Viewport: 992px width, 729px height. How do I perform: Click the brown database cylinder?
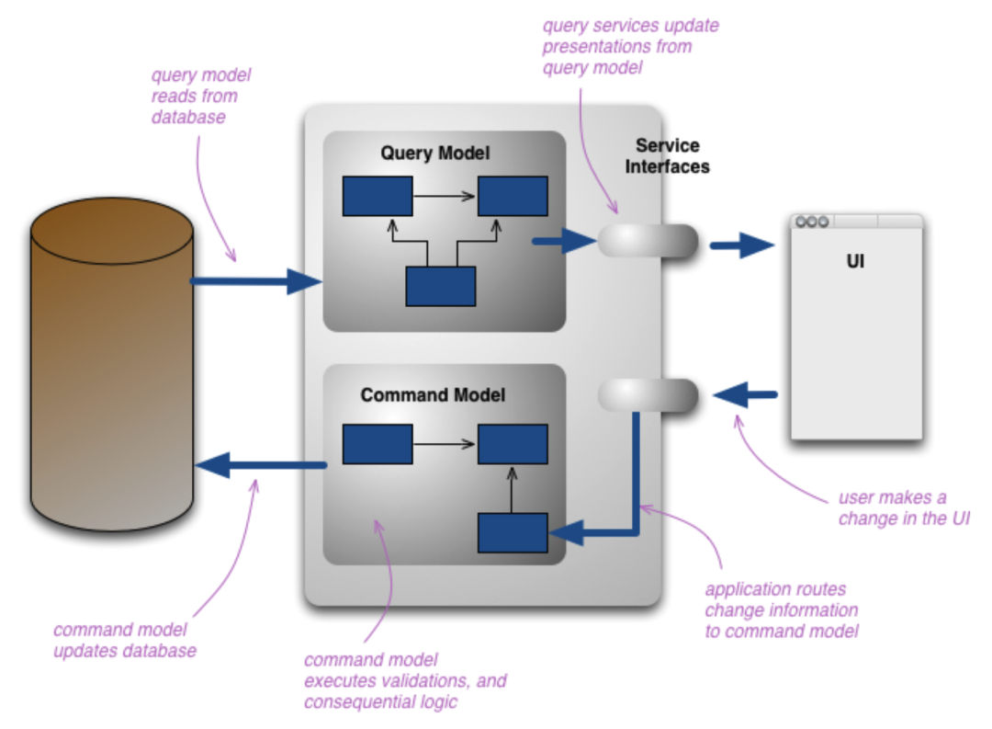(x=112, y=368)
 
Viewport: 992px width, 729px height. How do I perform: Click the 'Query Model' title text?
(x=435, y=153)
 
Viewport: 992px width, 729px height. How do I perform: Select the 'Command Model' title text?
(x=433, y=395)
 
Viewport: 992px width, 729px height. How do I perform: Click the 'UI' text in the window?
(x=854, y=262)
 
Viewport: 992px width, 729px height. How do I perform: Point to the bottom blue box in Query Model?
(x=441, y=286)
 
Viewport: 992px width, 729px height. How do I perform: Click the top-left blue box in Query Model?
(x=378, y=196)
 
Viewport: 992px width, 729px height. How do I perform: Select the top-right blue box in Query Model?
(x=513, y=196)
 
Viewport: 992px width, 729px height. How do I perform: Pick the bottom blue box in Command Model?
(x=513, y=532)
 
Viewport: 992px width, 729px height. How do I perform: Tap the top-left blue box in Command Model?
(x=378, y=443)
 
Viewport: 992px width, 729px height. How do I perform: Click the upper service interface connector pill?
(x=648, y=241)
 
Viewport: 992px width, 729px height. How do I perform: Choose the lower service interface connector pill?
(x=648, y=395)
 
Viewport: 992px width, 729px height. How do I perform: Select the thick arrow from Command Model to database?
(x=262, y=465)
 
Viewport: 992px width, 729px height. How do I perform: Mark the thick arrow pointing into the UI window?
(x=742, y=245)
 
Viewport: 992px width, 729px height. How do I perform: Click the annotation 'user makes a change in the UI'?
(x=904, y=508)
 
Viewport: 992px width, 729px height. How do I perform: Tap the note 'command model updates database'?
(x=124, y=640)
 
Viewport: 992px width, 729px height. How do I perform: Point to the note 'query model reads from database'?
(x=200, y=96)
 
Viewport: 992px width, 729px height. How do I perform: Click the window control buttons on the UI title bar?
(x=812, y=222)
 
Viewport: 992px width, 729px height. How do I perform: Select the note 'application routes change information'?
(x=781, y=609)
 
